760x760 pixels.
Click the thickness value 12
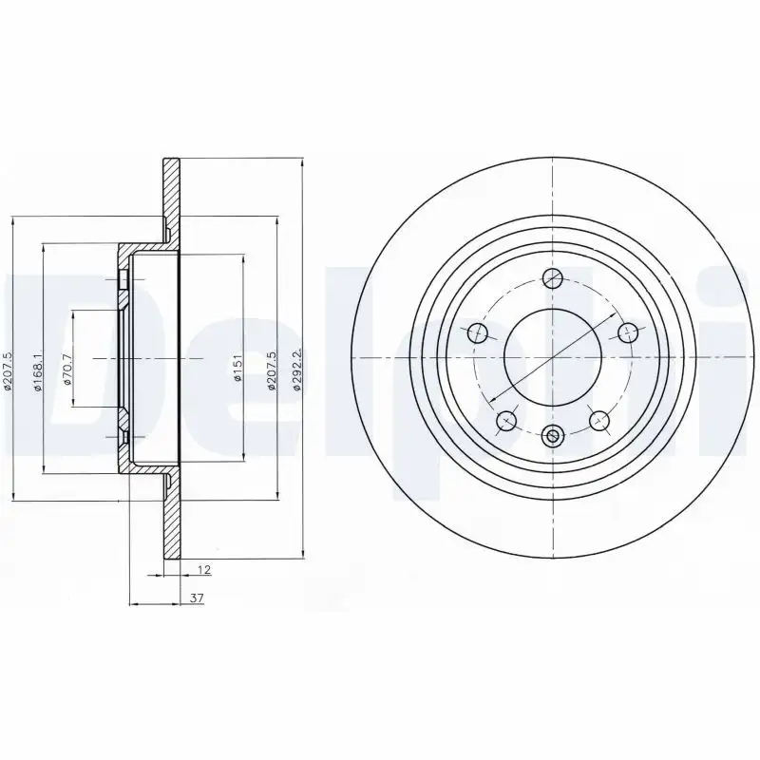(203, 571)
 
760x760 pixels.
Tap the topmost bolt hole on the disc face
(553, 278)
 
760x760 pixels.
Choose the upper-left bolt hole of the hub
(479, 332)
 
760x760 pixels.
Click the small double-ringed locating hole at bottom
(553, 438)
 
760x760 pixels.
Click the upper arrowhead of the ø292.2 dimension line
(302, 163)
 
